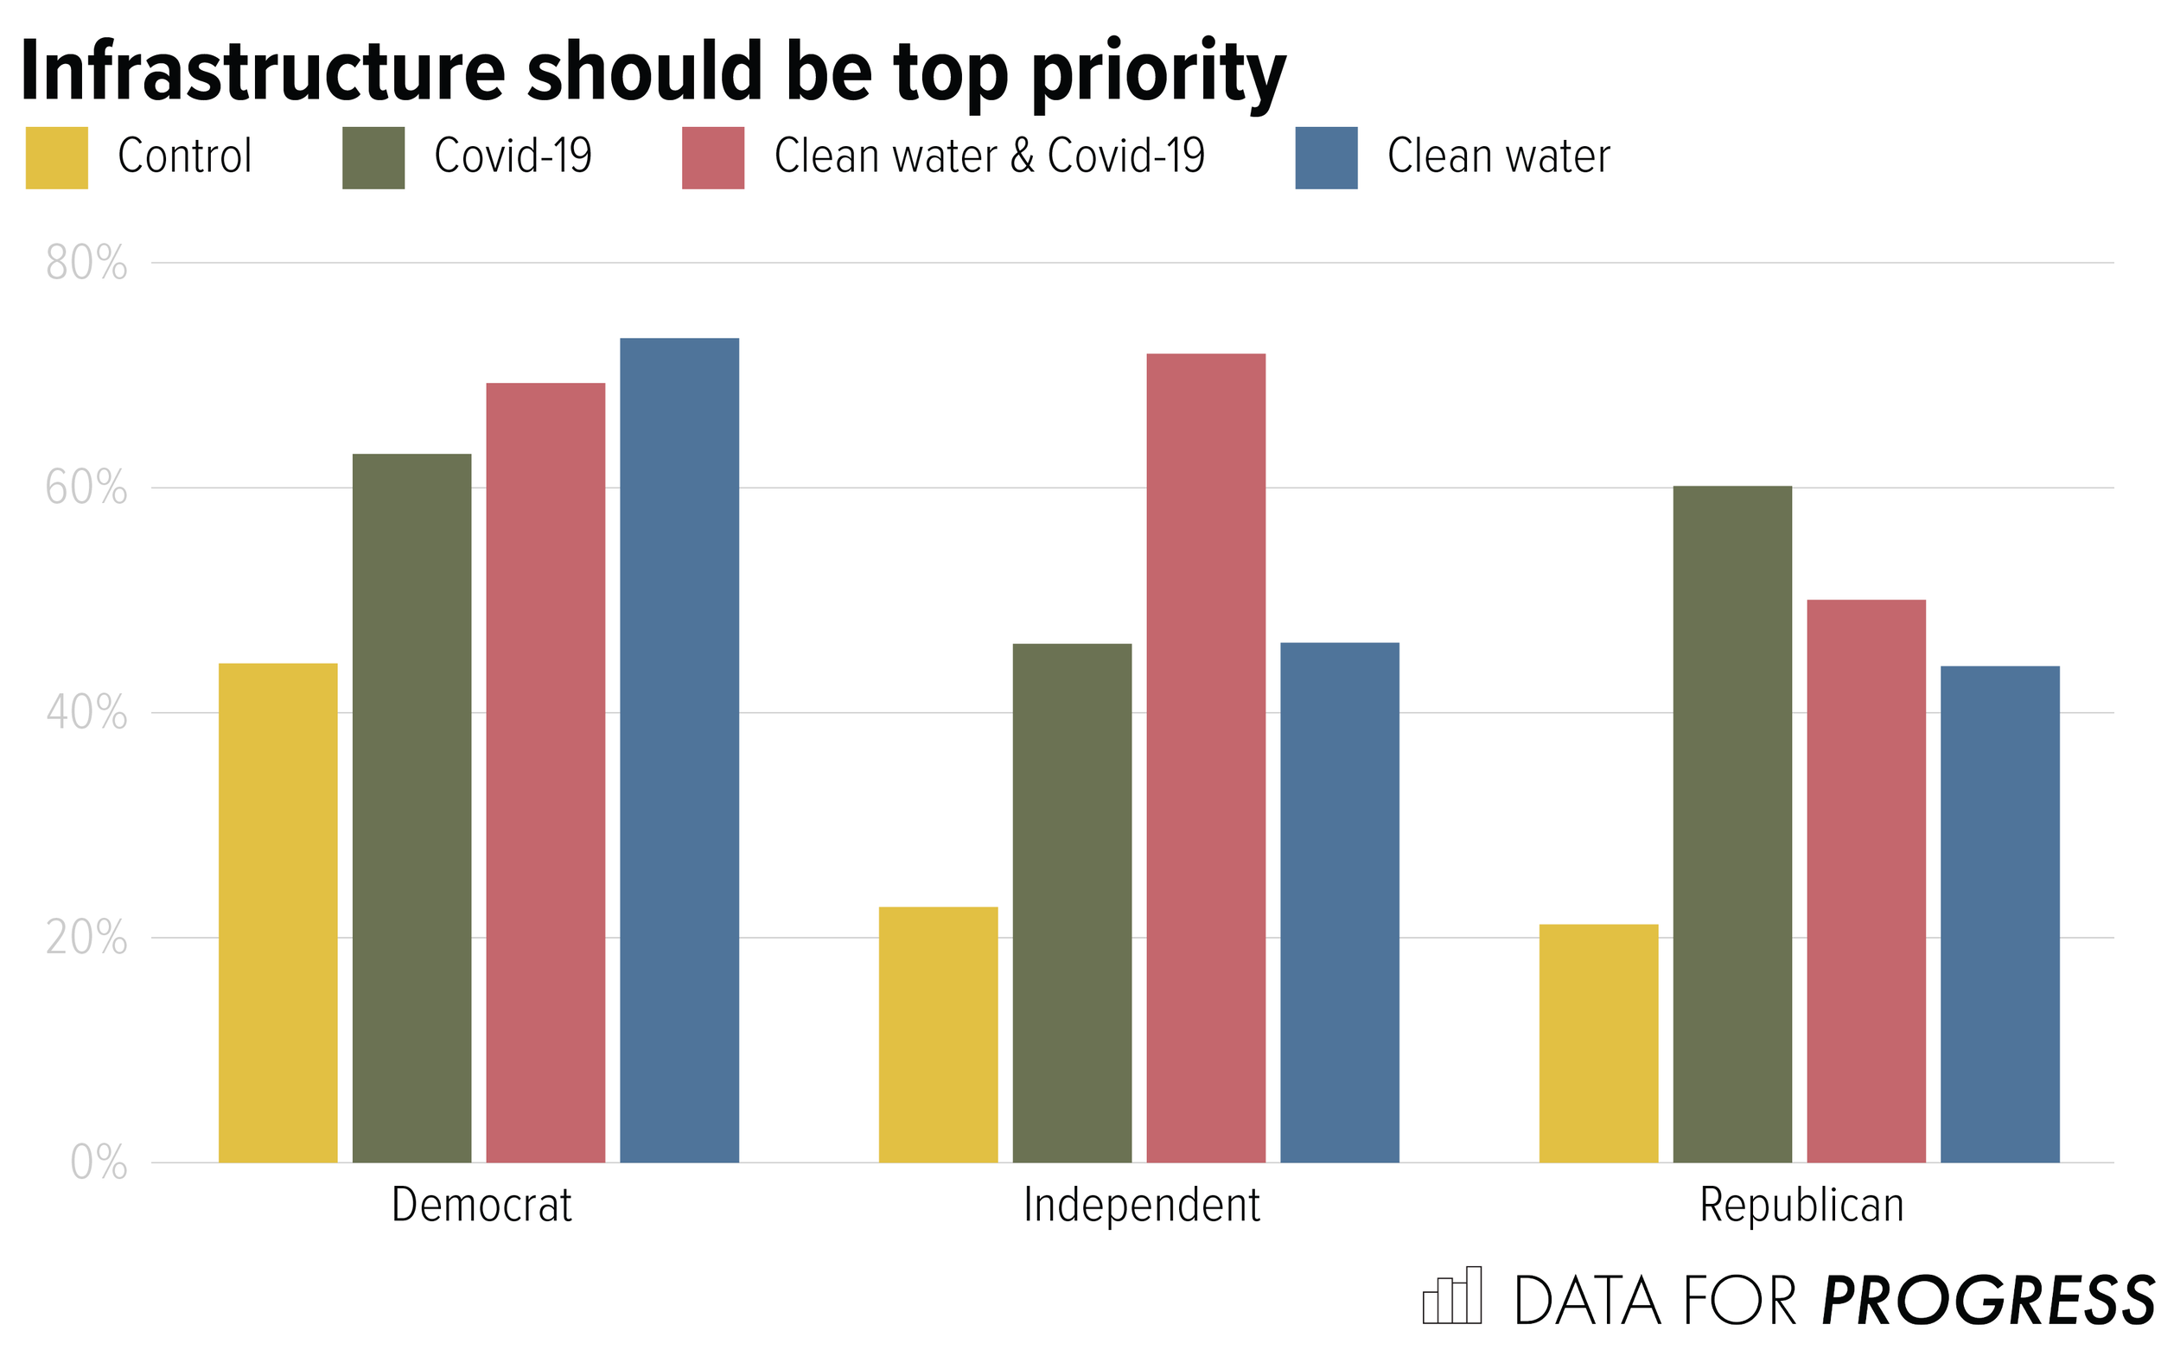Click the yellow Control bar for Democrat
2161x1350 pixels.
277,912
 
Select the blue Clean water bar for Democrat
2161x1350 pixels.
679,750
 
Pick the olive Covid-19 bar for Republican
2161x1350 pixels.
1731,823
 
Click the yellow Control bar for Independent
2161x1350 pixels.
938,1034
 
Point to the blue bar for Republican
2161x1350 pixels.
1999,914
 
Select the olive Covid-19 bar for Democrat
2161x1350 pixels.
411,807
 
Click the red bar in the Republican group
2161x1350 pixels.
1865,881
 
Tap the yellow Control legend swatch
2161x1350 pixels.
56,158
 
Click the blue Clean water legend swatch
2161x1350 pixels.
1325,158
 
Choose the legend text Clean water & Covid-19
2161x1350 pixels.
989,156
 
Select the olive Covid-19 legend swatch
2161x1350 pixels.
373,158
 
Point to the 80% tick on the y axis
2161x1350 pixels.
86,264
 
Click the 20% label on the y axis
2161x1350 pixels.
86,939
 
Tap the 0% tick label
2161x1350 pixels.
99,1162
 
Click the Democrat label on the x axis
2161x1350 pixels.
481,1206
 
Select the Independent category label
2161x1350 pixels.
1140,1206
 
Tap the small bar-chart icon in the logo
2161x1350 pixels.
1452,1296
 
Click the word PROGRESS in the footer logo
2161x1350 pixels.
1988,1301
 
